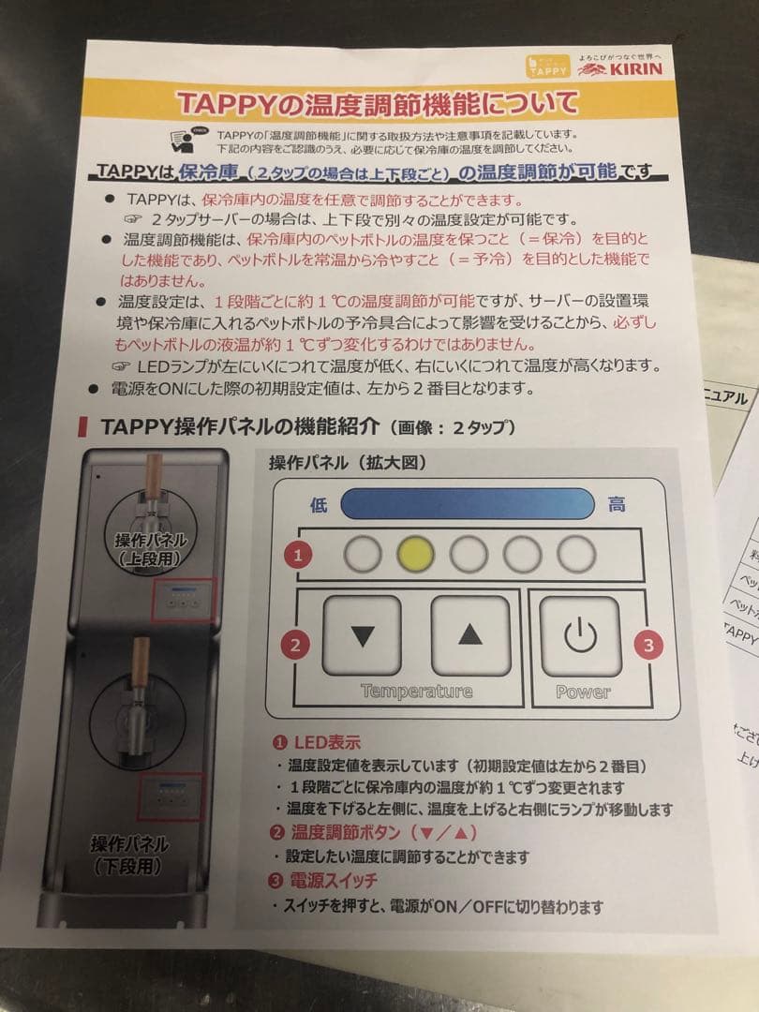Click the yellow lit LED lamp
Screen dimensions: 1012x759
pos(415,555)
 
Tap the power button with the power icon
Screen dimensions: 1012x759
pos(580,636)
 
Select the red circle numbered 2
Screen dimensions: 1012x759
pos(296,645)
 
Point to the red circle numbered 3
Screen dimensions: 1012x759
pos(647,644)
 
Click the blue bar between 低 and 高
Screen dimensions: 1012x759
pos(468,504)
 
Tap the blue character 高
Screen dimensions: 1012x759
pos(617,504)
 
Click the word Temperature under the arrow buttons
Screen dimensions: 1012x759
pos(416,692)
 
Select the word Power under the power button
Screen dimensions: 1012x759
pos(582,692)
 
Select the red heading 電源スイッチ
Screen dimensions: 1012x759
pos(334,880)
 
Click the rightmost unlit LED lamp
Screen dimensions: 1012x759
pos(574,555)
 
